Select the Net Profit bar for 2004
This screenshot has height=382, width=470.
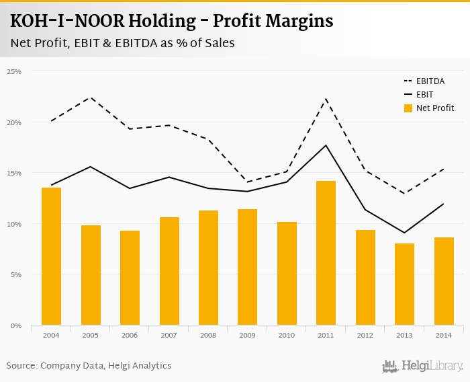(x=52, y=256)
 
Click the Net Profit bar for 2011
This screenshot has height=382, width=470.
(x=326, y=253)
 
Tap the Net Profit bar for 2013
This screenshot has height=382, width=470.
(x=404, y=284)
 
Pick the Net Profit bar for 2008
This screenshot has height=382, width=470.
(x=208, y=268)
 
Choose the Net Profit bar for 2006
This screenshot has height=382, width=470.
(x=130, y=278)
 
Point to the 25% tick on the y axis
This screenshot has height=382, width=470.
(x=15, y=71)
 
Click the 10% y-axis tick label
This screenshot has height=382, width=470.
(x=15, y=224)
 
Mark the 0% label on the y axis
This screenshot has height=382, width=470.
(x=16, y=326)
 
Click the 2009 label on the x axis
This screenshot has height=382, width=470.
(x=248, y=334)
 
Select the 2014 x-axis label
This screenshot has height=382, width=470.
(x=443, y=334)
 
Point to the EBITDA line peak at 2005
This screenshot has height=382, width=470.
(x=91, y=98)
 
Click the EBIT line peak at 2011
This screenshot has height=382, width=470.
(x=326, y=145)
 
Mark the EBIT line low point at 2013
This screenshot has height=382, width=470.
(x=404, y=233)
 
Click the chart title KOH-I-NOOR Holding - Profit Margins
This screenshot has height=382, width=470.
(x=172, y=21)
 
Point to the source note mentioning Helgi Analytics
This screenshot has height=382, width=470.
(x=89, y=366)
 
